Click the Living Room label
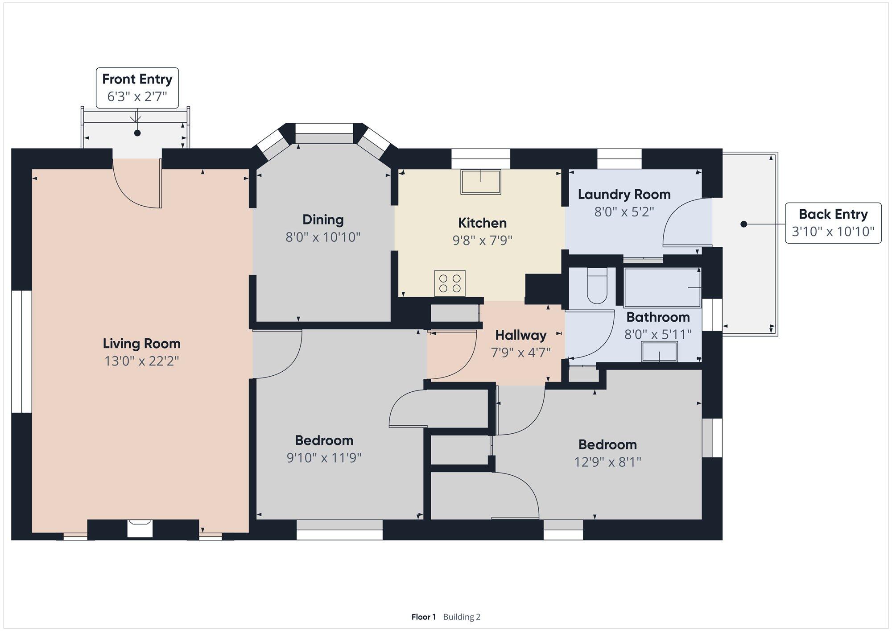click(141, 344)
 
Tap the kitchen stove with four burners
click(450, 283)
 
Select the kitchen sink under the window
click(481, 182)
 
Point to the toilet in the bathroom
click(597, 286)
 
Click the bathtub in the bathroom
click(662, 288)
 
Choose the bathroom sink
click(659, 352)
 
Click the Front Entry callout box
click(137, 88)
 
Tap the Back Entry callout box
click(833, 223)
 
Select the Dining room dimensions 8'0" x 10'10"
click(323, 237)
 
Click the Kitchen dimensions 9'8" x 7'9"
click(482, 241)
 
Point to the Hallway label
click(520, 335)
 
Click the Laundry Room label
click(624, 195)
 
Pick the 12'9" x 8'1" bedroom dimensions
click(607, 462)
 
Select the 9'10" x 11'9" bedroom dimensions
click(324, 458)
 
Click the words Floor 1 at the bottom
click(423, 617)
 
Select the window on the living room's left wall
click(21, 352)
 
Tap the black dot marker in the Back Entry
click(743, 224)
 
